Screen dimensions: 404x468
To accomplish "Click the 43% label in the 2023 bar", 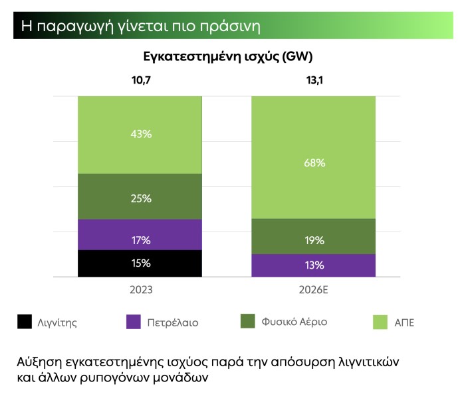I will tap(140, 134).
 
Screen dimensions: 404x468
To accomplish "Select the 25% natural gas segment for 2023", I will tap(140, 198).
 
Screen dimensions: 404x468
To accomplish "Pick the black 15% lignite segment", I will tap(140, 263).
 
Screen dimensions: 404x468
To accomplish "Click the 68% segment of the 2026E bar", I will tap(314, 163).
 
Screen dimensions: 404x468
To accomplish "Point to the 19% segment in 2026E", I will tap(314, 240).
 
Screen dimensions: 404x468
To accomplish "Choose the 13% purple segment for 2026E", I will tap(314, 265).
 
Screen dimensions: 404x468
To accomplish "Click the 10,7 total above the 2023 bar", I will tap(140, 81).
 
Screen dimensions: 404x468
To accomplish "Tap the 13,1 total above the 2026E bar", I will tap(313, 81).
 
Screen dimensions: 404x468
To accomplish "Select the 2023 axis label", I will tap(140, 290).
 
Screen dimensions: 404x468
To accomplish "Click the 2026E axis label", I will tap(313, 290).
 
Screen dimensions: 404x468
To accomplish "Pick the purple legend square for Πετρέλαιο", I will tap(134, 322).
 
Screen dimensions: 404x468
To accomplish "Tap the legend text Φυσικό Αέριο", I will tap(294, 322).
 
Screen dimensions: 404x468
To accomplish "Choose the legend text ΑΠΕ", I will tap(404, 323).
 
